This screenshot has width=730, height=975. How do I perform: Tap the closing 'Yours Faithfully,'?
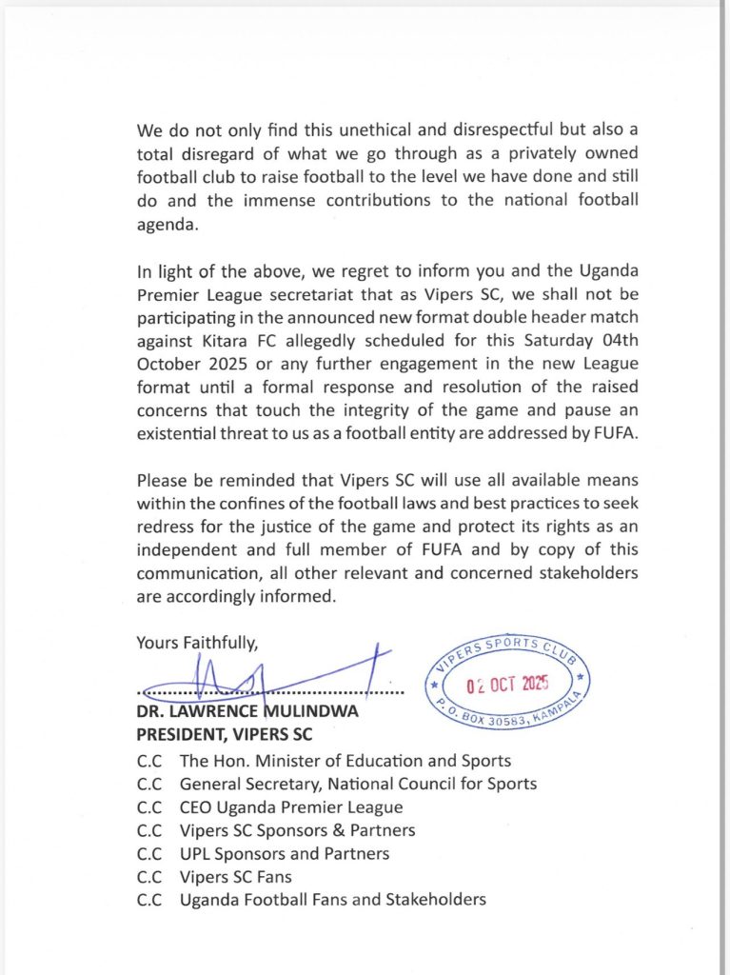tap(197, 643)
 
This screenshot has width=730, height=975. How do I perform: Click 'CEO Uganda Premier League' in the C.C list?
tap(291, 807)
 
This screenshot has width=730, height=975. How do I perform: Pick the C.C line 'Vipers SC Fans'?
tap(236, 877)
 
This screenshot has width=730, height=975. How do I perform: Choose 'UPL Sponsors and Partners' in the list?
tap(285, 854)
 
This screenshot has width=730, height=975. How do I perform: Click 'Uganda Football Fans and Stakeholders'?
tap(332, 900)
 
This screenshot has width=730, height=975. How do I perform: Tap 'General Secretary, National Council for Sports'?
tap(358, 784)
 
